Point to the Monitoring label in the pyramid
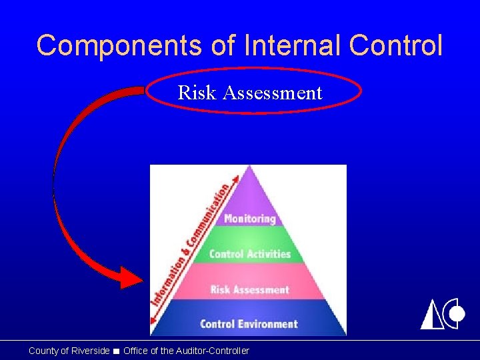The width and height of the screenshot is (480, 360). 249,219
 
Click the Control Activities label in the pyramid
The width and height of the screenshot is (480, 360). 249,254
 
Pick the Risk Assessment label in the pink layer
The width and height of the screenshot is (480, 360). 249,289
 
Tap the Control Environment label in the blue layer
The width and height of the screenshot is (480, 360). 249,324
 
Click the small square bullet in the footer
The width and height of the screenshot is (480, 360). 116,351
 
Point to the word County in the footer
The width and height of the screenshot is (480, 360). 43,351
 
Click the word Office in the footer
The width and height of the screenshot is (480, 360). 136,351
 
